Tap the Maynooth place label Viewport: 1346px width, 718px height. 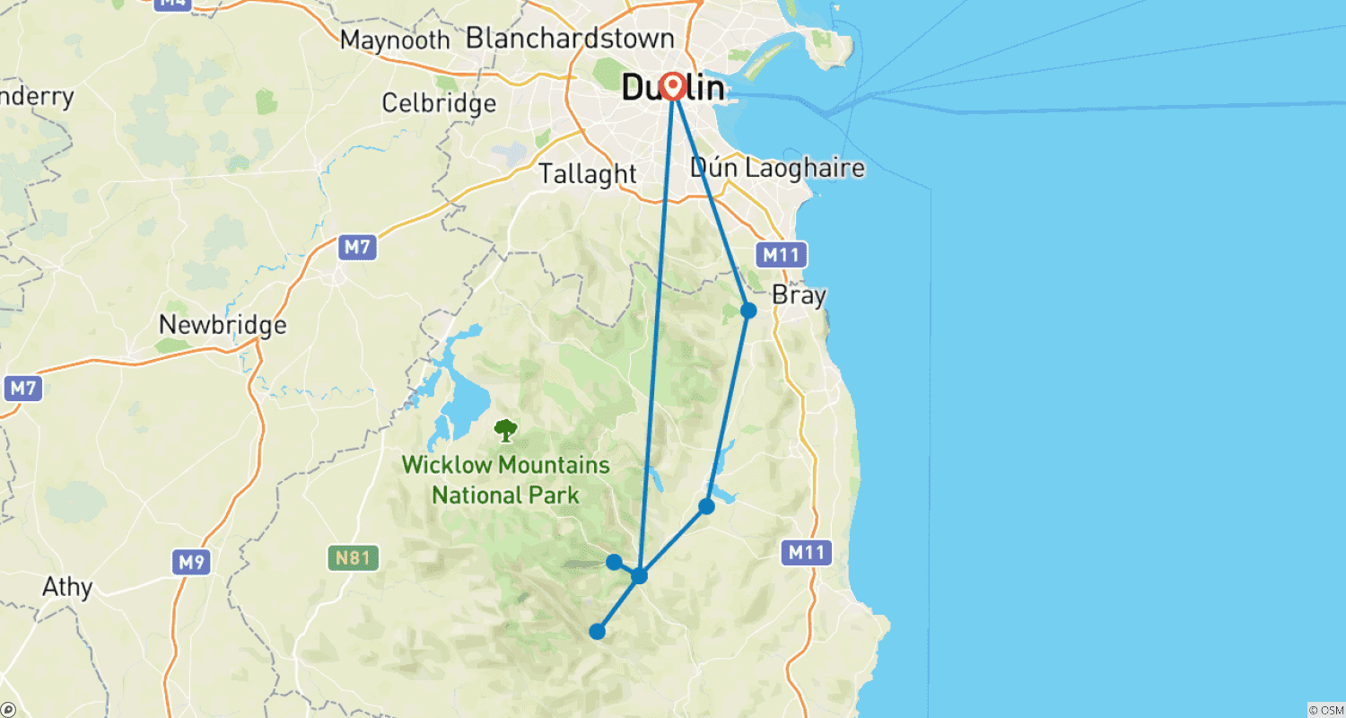[395, 40]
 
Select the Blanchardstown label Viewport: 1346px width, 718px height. [570, 39]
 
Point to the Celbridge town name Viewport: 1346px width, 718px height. [439, 103]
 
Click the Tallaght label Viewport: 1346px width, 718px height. [588, 174]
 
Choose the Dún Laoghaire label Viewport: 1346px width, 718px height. [777, 168]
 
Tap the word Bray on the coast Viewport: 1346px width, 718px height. [799, 295]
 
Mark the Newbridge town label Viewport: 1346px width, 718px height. [223, 325]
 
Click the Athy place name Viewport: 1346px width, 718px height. [67, 588]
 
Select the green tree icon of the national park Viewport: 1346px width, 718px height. [506, 431]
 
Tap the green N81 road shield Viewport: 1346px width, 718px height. [353, 558]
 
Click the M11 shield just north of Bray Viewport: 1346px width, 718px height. [780, 256]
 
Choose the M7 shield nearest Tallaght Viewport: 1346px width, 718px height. [356, 248]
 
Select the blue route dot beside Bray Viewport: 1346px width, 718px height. [748, 311]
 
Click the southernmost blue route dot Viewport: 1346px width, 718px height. [597, 632]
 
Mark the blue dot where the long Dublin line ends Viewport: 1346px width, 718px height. [639, 575]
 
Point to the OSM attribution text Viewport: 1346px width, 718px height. [1326, 709]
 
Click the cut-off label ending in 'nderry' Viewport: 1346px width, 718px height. [37, 96]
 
